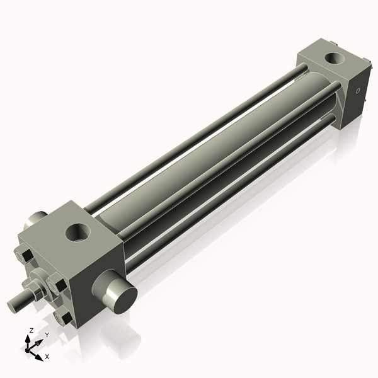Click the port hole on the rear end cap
click(333, 60)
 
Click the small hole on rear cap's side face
click(358, 91)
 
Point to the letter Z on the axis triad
click(32, 330)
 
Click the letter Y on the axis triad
click(47, 335)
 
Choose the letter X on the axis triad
click(47, 357)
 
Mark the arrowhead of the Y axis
click(40, 341)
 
